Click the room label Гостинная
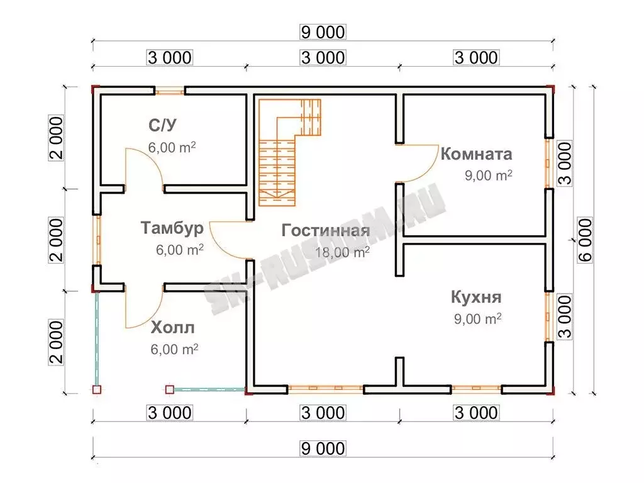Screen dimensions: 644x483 click(325, 230)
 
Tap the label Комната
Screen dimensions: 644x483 click(477, 154)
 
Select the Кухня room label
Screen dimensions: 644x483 click(477, 297)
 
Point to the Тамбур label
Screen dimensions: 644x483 click(172, 228)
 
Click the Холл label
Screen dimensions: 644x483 click(172, 328)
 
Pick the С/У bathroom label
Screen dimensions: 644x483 click(163, 125)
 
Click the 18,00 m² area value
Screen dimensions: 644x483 click(342, 252)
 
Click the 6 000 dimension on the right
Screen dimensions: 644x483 click(586, 240)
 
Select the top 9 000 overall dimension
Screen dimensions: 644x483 click(323, 32)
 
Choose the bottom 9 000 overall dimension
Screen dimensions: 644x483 click(323, 448)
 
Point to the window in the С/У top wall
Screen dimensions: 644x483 click(170, 91)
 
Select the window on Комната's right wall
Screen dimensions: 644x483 click(548, 164)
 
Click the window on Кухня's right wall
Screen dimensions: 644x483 click(548, 317)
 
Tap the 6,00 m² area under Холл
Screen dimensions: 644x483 click(175, 349)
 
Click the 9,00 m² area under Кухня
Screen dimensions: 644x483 click(478, 319)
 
